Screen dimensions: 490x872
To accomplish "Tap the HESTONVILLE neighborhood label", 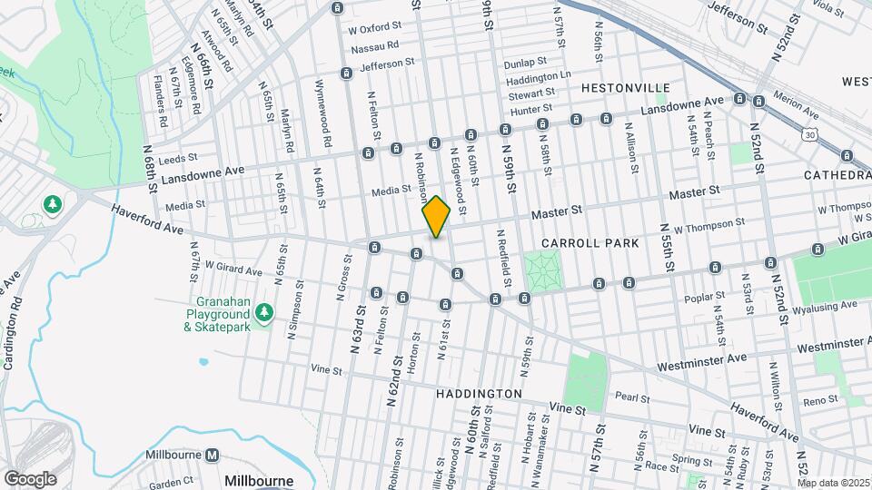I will tap(619, 89).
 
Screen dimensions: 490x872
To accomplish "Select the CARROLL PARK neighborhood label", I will tap(590, 243).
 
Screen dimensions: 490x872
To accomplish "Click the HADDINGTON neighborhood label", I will tap(479, 394).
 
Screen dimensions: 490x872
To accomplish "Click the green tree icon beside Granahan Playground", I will tap(264, 313).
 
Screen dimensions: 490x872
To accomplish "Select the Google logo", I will tap(30, 478).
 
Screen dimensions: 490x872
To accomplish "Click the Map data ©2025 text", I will tap(833, 483).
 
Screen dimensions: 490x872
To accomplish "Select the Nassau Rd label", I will tap(374, 45).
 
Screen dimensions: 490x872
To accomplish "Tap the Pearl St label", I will tap(632, 397).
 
